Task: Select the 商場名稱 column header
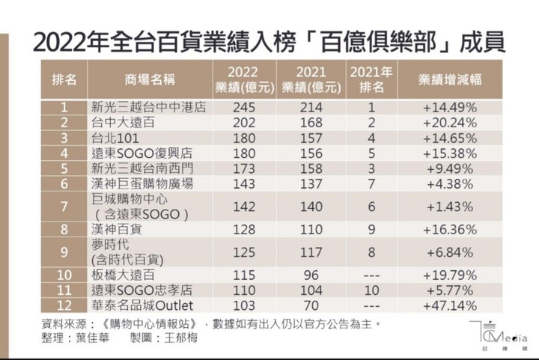[x=144, y=79]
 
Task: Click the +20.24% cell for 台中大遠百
[x=450, y=122]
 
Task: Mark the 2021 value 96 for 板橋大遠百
[x=309, y=277]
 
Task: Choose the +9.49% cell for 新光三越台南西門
[x=450, y=168]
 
